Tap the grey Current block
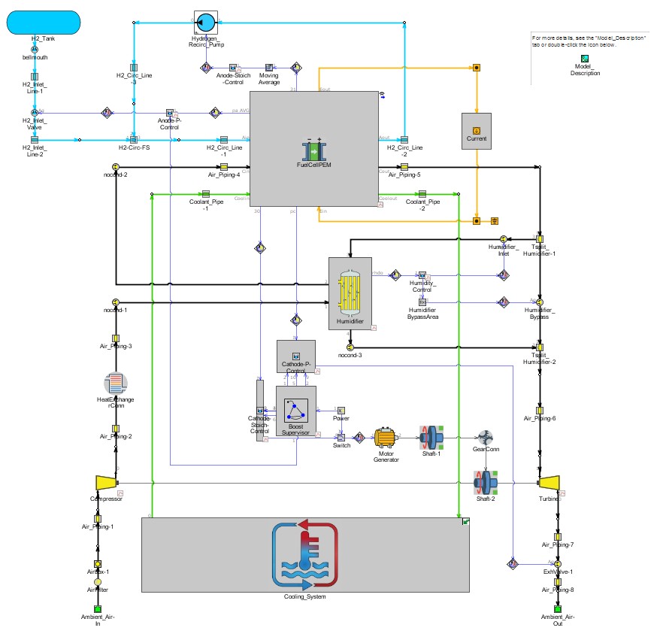click(477, 131)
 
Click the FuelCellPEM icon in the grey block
click(313, 150)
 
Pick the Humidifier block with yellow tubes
click(350, 293)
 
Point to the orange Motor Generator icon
click(387, 438)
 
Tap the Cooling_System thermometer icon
click(304, 556)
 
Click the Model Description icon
click(585, 59)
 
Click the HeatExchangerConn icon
click(116, 383)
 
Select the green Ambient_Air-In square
click(97, 608)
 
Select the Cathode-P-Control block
click(296, 355)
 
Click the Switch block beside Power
click(341, 437)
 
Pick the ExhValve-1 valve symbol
click(558, 563)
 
